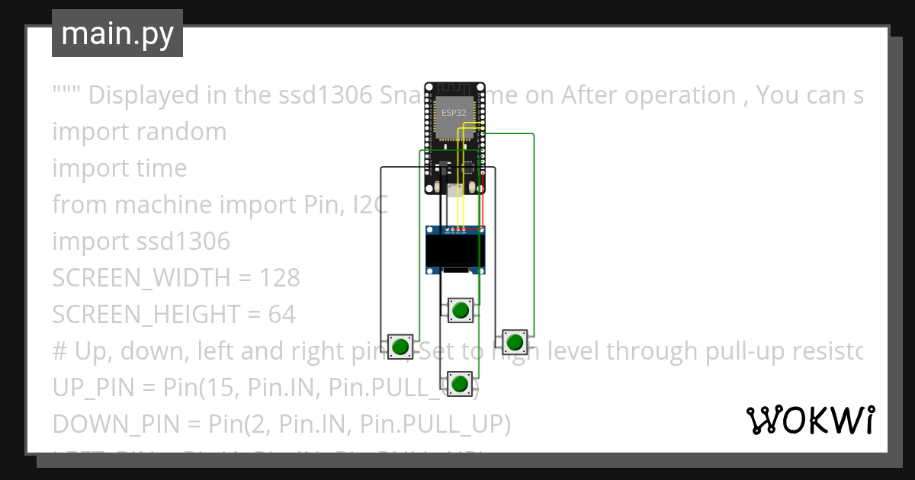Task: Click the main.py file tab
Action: (x=117, y=34)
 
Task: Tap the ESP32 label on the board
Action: (x=453, y=112)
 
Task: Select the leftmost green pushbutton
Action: (x=400, y=347)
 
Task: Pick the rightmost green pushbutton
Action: (x=515, y=341)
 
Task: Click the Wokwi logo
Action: (x=810, y=420)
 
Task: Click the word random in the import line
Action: (x=181, y=132)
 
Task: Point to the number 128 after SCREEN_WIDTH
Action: (x=280, y=278)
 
